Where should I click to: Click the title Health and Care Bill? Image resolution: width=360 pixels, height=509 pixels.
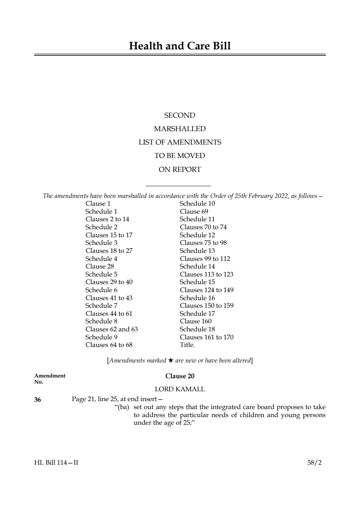(x=180, y=46)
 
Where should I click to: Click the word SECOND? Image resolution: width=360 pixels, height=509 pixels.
(x=179, y=116)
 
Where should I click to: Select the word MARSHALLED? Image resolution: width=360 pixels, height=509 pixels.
(x=179, y=129)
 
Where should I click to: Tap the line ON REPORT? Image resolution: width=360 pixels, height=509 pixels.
(x=179, y=169)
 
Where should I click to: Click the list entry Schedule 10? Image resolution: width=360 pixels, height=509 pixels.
(x=197, y=203)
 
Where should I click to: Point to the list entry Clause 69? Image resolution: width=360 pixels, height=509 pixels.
(x=194, y=211)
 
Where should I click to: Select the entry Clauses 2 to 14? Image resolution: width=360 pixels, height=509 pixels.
(x=107, y=219)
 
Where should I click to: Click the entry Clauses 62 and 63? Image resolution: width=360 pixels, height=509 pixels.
(x=112, y=329)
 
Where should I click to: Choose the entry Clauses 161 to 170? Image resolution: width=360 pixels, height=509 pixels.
(x=206, y=337)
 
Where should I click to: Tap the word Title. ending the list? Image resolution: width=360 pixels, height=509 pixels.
(x=187, y=345)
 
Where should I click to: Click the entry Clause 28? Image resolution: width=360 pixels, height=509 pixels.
(x=100, y=266)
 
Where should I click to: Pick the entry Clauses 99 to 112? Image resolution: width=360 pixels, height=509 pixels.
(x=205, y=259)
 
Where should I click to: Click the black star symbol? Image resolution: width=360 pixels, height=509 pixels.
(x=171, y=360)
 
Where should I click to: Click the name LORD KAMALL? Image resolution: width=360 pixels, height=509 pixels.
(x=180, y=389)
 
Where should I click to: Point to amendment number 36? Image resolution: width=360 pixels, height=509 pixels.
(x=37, y=400)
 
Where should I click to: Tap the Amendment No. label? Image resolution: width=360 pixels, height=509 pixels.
(x=50, y=379)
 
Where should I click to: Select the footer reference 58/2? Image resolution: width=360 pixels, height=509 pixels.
(x=314, y=462)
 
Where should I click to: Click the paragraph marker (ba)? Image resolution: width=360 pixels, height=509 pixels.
(x=122, y=407)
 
